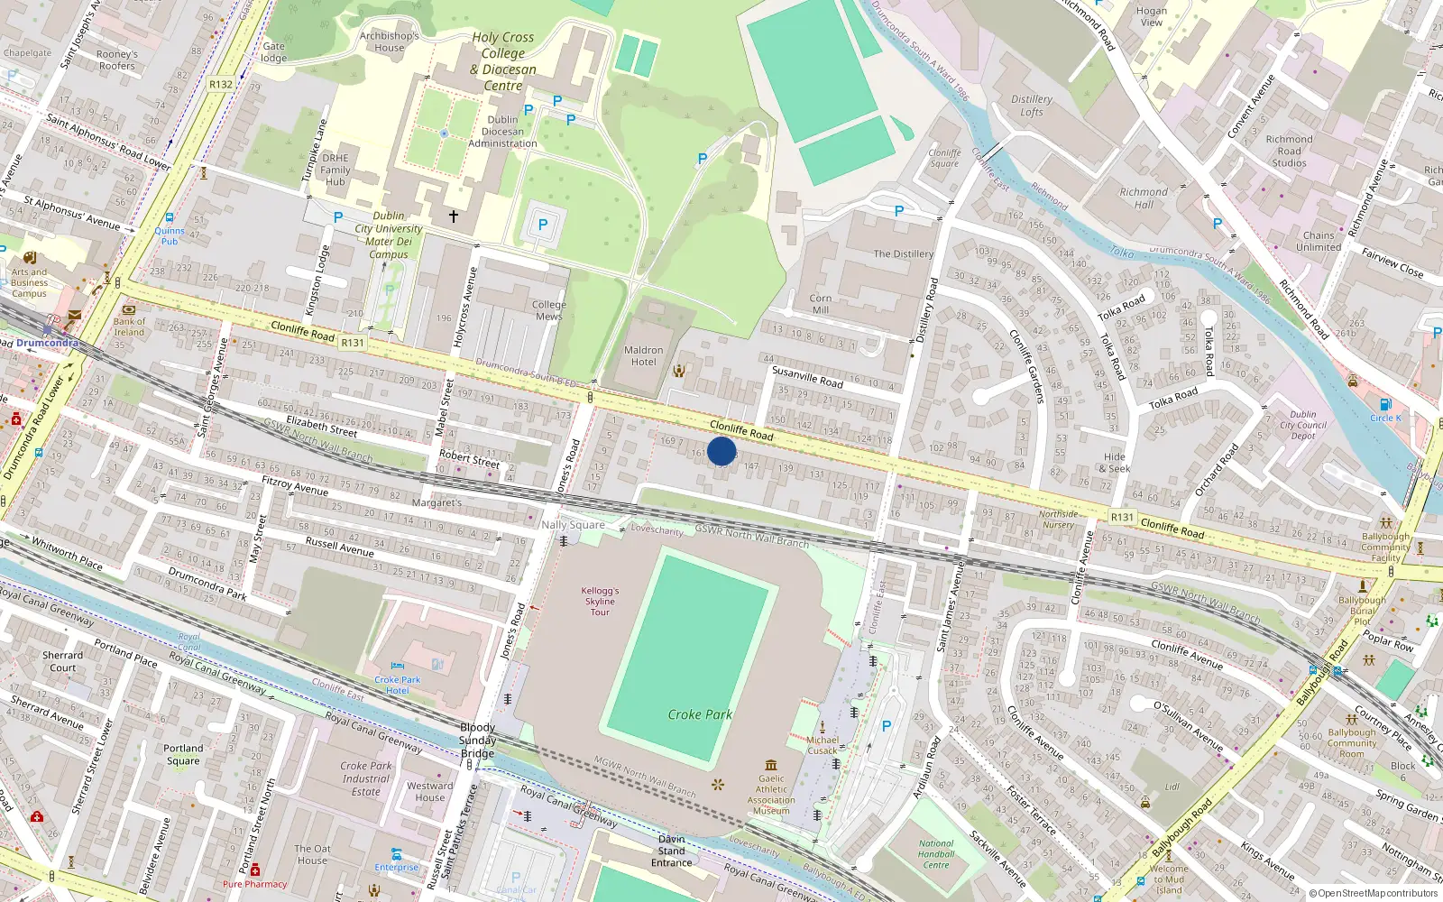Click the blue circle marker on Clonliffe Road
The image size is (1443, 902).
point(721,451)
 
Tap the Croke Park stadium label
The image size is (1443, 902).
point(700,714)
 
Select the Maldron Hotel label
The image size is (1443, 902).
point(643,356)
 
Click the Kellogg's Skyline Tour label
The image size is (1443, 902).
point(600,602)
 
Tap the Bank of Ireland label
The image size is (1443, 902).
point(129,327)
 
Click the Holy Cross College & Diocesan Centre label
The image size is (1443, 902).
point(503,61)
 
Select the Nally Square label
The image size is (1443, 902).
point(573,525)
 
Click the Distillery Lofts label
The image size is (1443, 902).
point(1032,106)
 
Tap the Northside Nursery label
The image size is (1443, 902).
point(1058,520)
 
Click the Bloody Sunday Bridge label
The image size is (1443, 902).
point(477,741)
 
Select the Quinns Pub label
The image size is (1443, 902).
point(169,235)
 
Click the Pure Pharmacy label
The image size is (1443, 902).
point(254,884)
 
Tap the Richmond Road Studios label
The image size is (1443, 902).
point(1289,151)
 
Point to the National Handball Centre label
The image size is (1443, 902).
point(936,854)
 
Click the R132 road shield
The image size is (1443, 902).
point(221,85)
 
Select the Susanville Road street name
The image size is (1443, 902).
point(807,376)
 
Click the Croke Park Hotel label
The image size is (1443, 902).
point(398,685)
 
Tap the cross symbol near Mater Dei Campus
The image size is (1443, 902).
point(454,216)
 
